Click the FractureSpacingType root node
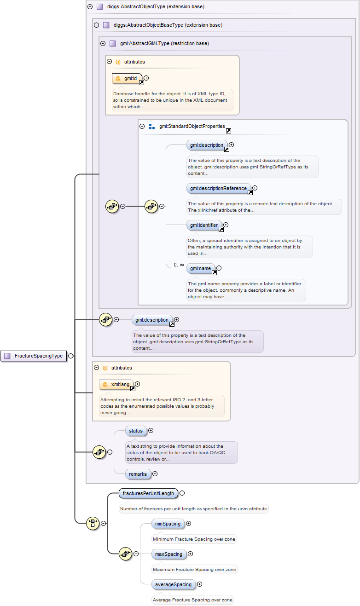coord(35,356)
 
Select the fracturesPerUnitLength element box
coord(148,493)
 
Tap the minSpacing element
coord(168,524)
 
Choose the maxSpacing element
coord(168,554)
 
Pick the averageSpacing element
coord(173,584)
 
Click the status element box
coord(136,431)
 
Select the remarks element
coord(138,473)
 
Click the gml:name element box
coord(200,268)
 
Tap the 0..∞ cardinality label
coord(179,265)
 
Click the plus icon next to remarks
coord(155,473)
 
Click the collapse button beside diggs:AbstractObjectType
coord(90,7)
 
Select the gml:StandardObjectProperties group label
coord(192,126)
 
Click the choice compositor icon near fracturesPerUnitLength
coord(93,523)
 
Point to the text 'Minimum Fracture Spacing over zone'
coord(194,539)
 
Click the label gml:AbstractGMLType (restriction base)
coord(164,44)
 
